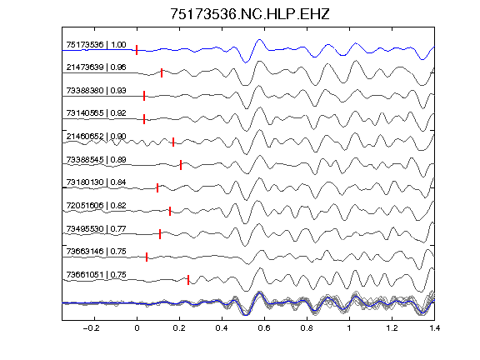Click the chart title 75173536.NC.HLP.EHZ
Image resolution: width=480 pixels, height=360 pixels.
[x=250, y=14]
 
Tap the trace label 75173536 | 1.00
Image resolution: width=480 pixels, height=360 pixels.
[x=96, y=45]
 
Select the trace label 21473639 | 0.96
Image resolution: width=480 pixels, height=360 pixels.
[x=96, y=67]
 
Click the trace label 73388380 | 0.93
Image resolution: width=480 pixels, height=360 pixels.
[x=96, y=90]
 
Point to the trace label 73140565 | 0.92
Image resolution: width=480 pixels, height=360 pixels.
[x=96, y=113]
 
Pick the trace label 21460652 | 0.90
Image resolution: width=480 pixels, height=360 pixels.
[x=96, y=136]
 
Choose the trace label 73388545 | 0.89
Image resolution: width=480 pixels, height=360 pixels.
[x=96, y=159]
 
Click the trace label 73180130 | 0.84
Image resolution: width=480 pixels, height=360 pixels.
[x=96, y=182]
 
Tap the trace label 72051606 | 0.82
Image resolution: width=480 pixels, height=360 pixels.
[x=96, y=205]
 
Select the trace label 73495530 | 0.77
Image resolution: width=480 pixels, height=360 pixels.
[x=96, y=228]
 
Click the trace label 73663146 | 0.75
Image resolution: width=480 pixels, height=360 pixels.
[x=96, y=252]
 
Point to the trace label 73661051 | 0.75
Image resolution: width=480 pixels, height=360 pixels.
[x=96, y=275]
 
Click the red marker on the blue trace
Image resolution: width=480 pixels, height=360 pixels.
[x=137, y=50]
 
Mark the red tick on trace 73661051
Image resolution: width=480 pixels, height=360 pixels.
[x=188, y=280]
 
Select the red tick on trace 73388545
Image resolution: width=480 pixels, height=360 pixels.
[x=181, y=165]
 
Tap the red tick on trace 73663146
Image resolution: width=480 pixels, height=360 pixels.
[x=147, y=257]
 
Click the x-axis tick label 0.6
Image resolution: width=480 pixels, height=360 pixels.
[x=264, y=328]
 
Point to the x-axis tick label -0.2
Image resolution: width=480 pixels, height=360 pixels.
[x=92, y=328]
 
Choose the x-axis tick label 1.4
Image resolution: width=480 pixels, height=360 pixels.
[x=434, y=328]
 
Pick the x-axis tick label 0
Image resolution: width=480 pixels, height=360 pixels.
[x=137, y=328]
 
